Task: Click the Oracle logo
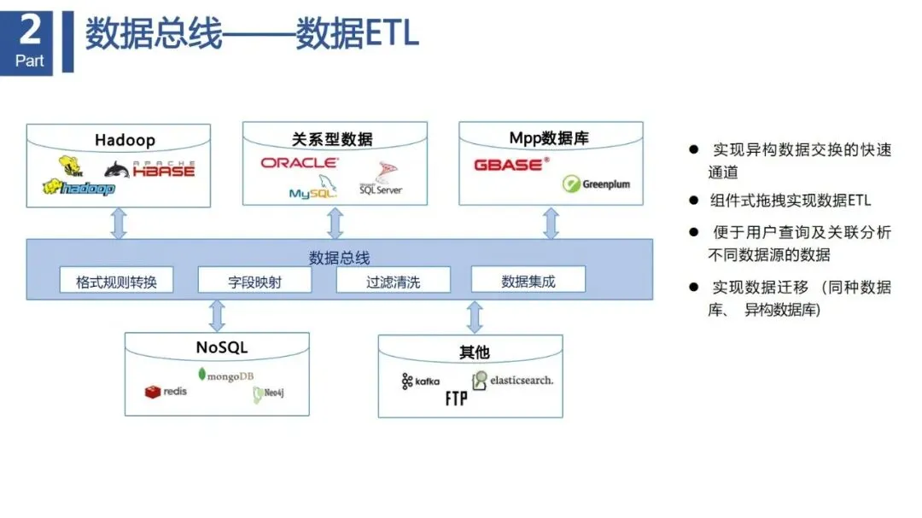point(299,162)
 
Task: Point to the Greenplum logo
point(596,183)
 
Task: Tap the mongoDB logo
point(225,375)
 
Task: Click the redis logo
point(166,391)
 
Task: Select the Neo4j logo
point(267,394)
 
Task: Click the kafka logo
point(420,381)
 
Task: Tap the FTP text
point(456,399)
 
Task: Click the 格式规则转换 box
point(116,281)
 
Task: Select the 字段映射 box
point(254,281)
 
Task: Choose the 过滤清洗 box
point(393,281)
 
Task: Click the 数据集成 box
point(528,280)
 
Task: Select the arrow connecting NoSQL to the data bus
point(217,315)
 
